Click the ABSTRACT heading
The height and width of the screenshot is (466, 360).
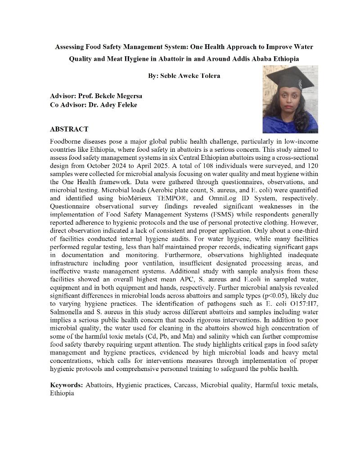(69, 129)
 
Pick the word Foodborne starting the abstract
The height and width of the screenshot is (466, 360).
(65, 141)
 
